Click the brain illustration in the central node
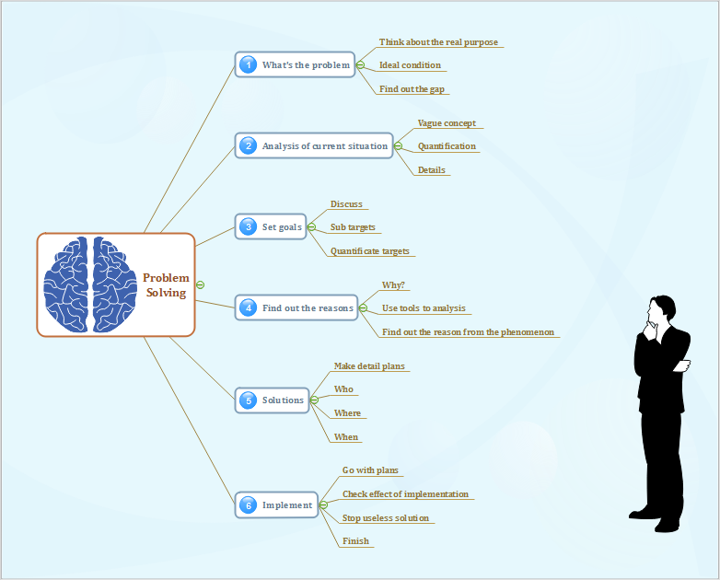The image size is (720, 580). click(x=89, y=284)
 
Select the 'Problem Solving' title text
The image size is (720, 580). click(x=166, y=285)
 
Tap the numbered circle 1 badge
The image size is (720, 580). click(x=248, y=64)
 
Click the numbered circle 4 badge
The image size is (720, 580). click(x=248, y=308)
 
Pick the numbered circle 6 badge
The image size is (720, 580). click(x=248, y=505)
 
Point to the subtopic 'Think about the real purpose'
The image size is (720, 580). click(x=438, y=42)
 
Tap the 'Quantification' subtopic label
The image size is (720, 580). click(x=447, y=146)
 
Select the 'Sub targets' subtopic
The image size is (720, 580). click(x=353, y=226)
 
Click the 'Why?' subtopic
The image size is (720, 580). click(x=394, y=285)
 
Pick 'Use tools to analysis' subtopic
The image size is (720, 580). click(x=424, y=308)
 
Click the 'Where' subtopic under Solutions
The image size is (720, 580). click(x=347, y=413)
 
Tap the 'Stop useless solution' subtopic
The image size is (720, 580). click(x=386, y=518)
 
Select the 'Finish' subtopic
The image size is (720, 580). click(x=355, y=541)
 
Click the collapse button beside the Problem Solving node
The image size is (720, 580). click(x=201, y=284)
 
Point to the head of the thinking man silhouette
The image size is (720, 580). click(x=659, y=309)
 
